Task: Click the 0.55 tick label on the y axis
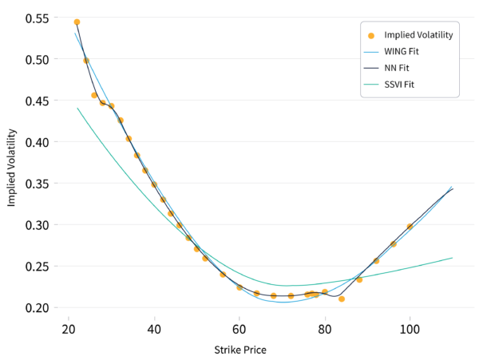point(37,18)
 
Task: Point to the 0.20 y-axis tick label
point(37,307)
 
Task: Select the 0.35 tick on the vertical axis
point(37,184)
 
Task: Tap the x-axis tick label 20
point(69,329)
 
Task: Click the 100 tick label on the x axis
point(410,329)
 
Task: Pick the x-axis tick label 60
point(239,329)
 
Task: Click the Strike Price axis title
point(240,350)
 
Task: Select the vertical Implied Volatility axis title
point(12,168)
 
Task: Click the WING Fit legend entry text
point(401,51)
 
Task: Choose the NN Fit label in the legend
point(396,68)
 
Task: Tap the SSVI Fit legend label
point(399,85)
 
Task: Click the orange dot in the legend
point(371,36)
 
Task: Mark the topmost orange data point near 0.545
point(77,22)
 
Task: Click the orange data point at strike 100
point(410,227)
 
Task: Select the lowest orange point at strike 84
point(342,299)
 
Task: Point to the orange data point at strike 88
point(359,279)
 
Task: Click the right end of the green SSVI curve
point(453,258)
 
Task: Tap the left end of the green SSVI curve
point(77,108)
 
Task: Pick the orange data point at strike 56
point(223,275)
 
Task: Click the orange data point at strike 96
point(394,244)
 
